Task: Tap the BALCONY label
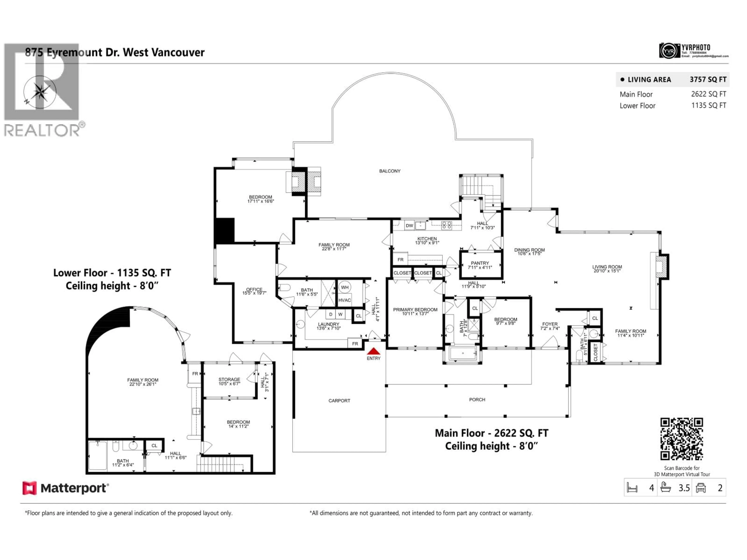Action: [x=390, y=171]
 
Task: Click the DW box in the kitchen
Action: [x=409, y=226]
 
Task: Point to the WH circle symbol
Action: [x=345, y=287]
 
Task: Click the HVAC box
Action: [x=345, y=300]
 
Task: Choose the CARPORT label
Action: [x=339, y=401]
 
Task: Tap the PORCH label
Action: [x=477, y=400]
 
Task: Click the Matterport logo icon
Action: [x=29, y=488]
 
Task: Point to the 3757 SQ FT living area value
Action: [x=708, y=80]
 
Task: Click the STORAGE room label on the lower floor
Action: [x=229, y=379]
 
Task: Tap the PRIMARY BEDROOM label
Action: [x=415, y=310]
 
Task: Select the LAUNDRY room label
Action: [x=328, y=324]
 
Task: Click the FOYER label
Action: [x=550, y=324]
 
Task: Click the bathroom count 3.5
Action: [x=684, y=488]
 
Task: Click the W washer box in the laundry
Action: [x=340, y=314]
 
